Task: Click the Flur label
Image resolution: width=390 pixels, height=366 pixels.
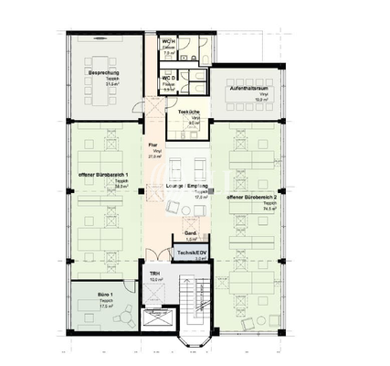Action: click(154, 145)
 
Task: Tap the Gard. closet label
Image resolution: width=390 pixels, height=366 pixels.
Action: click(191, 233)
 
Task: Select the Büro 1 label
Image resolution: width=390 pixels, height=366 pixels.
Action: click(106, 295)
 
